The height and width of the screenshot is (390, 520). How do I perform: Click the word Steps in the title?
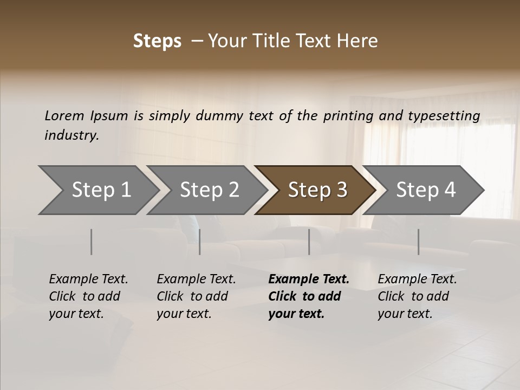point(157,41)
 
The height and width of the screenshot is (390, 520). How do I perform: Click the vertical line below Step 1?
point(92,242)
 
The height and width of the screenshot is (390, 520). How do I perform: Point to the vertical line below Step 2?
point(200,242)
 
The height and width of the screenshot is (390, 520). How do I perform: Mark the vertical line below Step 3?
point(309,242)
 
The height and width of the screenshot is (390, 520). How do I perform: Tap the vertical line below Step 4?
point(419,242)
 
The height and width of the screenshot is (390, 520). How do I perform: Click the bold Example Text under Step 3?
point(309,279)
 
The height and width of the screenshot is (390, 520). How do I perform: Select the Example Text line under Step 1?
point(88,279)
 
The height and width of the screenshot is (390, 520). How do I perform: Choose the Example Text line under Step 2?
point(196,279)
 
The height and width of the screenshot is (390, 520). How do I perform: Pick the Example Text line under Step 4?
point(417,279)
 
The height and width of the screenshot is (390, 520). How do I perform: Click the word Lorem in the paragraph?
point(64,115)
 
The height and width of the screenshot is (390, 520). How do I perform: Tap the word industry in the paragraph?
point(71,135)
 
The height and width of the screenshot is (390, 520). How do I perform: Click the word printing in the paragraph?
point(346,116)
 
